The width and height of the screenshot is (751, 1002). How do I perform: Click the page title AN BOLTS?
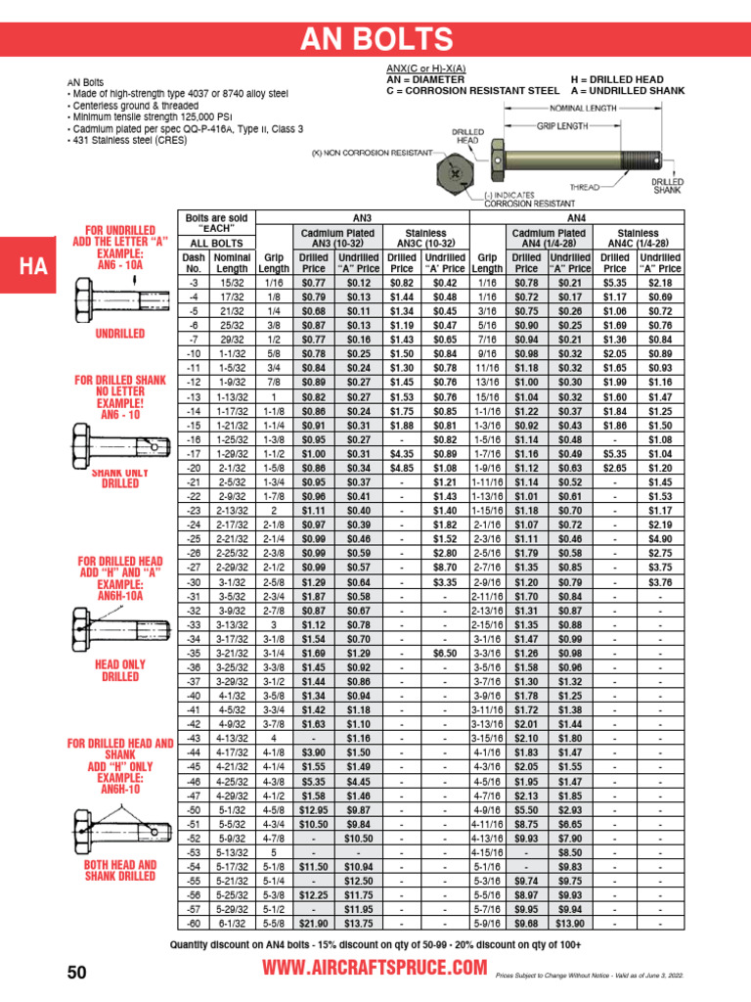pos(375,39)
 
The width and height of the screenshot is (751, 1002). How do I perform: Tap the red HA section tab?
pos(28,266)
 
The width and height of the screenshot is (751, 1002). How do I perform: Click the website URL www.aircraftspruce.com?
pos(375,968)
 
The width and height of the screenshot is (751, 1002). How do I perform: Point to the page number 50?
pos(77,971)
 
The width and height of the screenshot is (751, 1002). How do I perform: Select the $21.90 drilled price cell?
pos(313,922)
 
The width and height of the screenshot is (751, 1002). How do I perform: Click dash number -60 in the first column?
pos(194,922)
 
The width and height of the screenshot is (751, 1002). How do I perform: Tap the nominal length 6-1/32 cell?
pos(232,922)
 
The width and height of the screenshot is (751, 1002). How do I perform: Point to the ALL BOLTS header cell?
pos(216,242)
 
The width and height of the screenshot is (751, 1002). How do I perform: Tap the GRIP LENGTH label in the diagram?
pos(562,125)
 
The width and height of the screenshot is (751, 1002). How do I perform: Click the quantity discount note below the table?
pos(375,944)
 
